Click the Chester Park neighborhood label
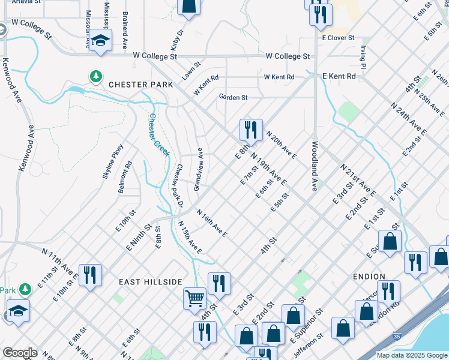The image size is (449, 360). tap(140, 85)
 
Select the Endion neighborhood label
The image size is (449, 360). tap(370, 277)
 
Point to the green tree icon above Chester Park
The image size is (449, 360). tap(95, 76)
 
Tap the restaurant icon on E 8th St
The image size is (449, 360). tap(251, 129)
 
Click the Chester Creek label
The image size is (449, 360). tap(158, 132)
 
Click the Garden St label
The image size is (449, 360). tap(233, 97)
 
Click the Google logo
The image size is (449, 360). tap(19, 353)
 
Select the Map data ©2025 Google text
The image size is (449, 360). tap(412, 355)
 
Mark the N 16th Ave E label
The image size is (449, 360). tap(212, 223)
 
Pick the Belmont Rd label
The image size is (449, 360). tap(126, 173)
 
